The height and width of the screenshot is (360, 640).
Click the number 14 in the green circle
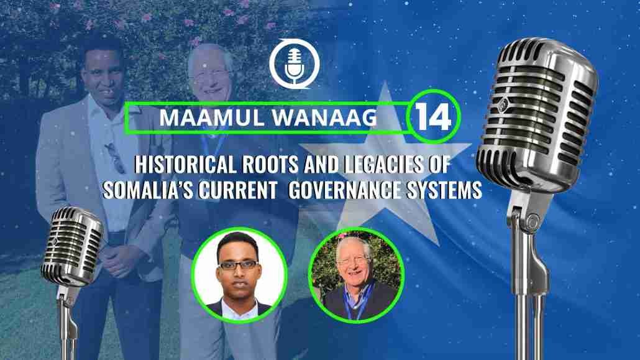click(x=433, y=117)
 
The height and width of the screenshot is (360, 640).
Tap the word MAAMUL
click(x=212, y=118)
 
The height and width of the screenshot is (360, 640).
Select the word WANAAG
click(x=324, y=118)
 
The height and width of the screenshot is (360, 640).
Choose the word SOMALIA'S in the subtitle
click(x=148, y=190)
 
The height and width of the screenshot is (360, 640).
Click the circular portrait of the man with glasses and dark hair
click(x=239, y=275)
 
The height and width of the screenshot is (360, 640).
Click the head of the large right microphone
click(x=537, y=113)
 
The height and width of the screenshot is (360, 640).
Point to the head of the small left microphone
click(x=72, y=246)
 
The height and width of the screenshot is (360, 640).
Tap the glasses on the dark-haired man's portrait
click(x=238, y=265)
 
